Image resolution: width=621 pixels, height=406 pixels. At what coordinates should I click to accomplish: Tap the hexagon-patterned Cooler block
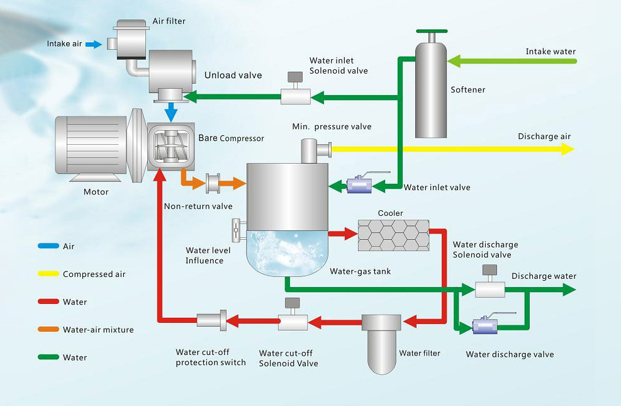(x=393, y=235)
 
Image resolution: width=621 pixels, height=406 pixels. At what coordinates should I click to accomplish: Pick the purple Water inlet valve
(x=359, y=185)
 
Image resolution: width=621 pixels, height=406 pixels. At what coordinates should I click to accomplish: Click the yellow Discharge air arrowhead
(x=568, y=149)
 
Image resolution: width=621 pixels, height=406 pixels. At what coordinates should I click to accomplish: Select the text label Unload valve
(x=233, y=76)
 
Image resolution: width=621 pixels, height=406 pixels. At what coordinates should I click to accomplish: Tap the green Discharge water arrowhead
(x=569, y=290)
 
